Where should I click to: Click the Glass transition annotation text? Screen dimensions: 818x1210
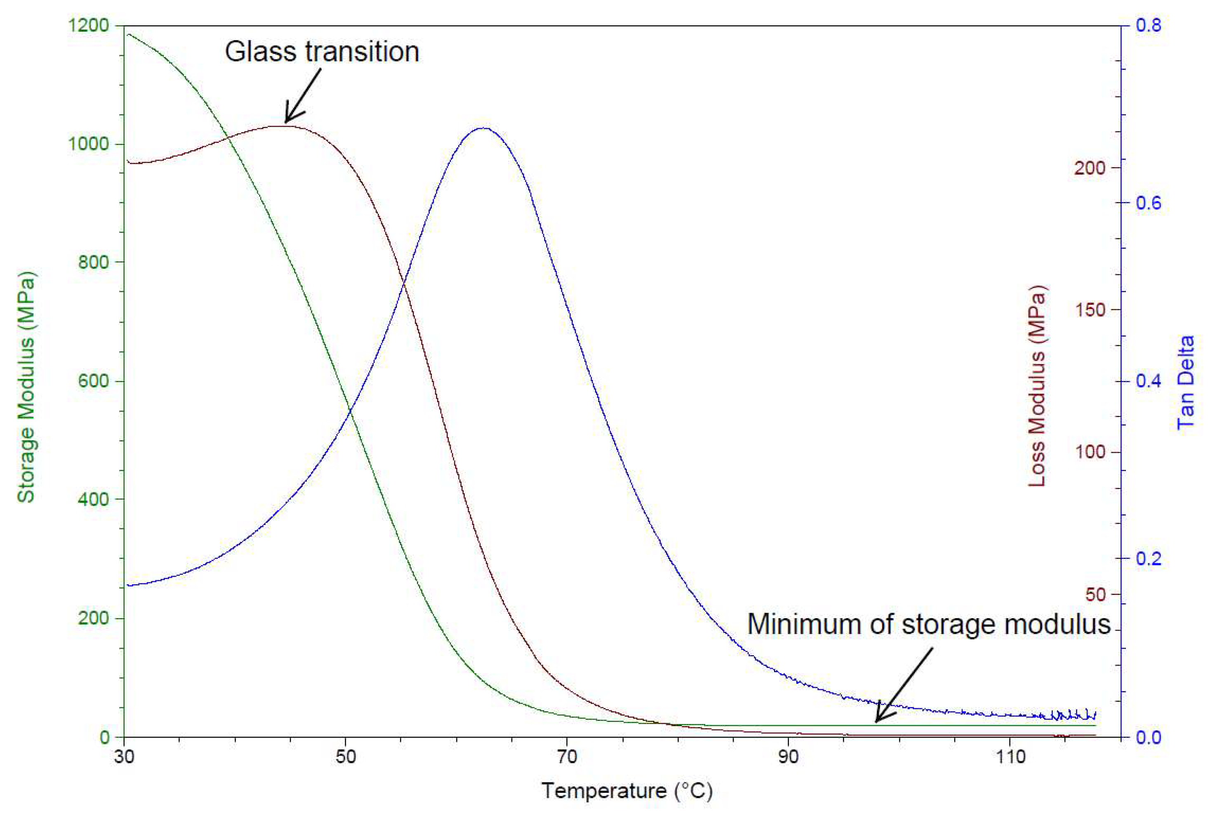click(x=322, y=52)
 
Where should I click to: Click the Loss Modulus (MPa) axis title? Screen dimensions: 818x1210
click(x=1037, y=386)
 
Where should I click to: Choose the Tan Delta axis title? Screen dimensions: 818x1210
click(x=1186, y=382)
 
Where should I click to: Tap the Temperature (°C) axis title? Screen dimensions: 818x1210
click(x=627, y=790)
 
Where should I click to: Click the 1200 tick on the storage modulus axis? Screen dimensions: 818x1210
click(x=89, y=25)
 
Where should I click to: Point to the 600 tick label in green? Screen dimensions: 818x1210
click(x=94, y=381)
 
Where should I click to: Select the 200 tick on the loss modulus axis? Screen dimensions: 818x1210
click(x=1089, y=168)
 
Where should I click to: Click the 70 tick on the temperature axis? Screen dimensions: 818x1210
click(x=567, y=757)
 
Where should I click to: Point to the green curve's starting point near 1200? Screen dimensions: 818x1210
click(x=127, y=34)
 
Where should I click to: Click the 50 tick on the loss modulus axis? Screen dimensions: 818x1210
click(x=1095, y=594)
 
